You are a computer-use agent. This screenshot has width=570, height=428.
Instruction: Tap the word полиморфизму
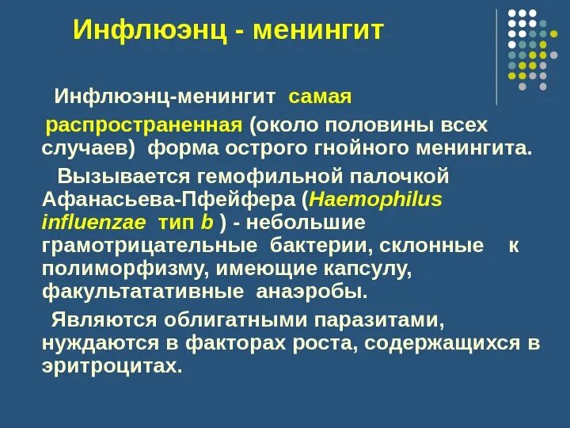click(124, 269)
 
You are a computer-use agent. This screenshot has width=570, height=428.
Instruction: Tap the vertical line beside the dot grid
click(497, 57)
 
